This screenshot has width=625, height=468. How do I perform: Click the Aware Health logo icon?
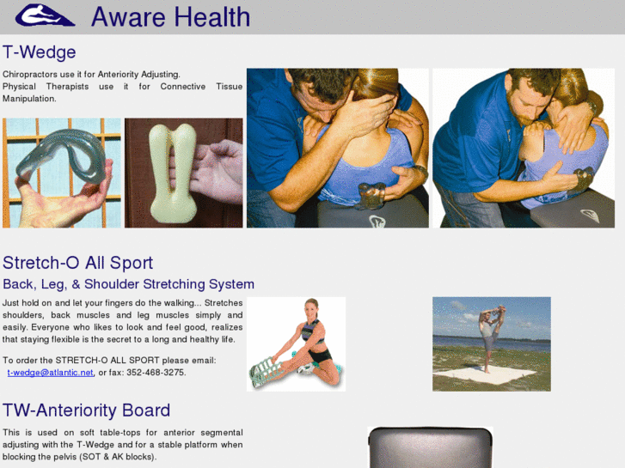45,16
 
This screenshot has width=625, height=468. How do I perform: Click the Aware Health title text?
170,16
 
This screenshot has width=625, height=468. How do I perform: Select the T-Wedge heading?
40,52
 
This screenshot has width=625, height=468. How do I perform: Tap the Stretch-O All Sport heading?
77,263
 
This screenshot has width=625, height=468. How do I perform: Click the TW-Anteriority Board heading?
86,410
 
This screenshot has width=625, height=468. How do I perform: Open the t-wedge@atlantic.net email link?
51,373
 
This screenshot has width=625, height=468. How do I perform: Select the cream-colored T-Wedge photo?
183,173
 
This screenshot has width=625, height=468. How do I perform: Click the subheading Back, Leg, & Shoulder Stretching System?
128,284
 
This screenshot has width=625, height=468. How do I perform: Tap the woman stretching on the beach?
491,335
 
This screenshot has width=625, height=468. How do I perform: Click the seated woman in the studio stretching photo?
296,344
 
